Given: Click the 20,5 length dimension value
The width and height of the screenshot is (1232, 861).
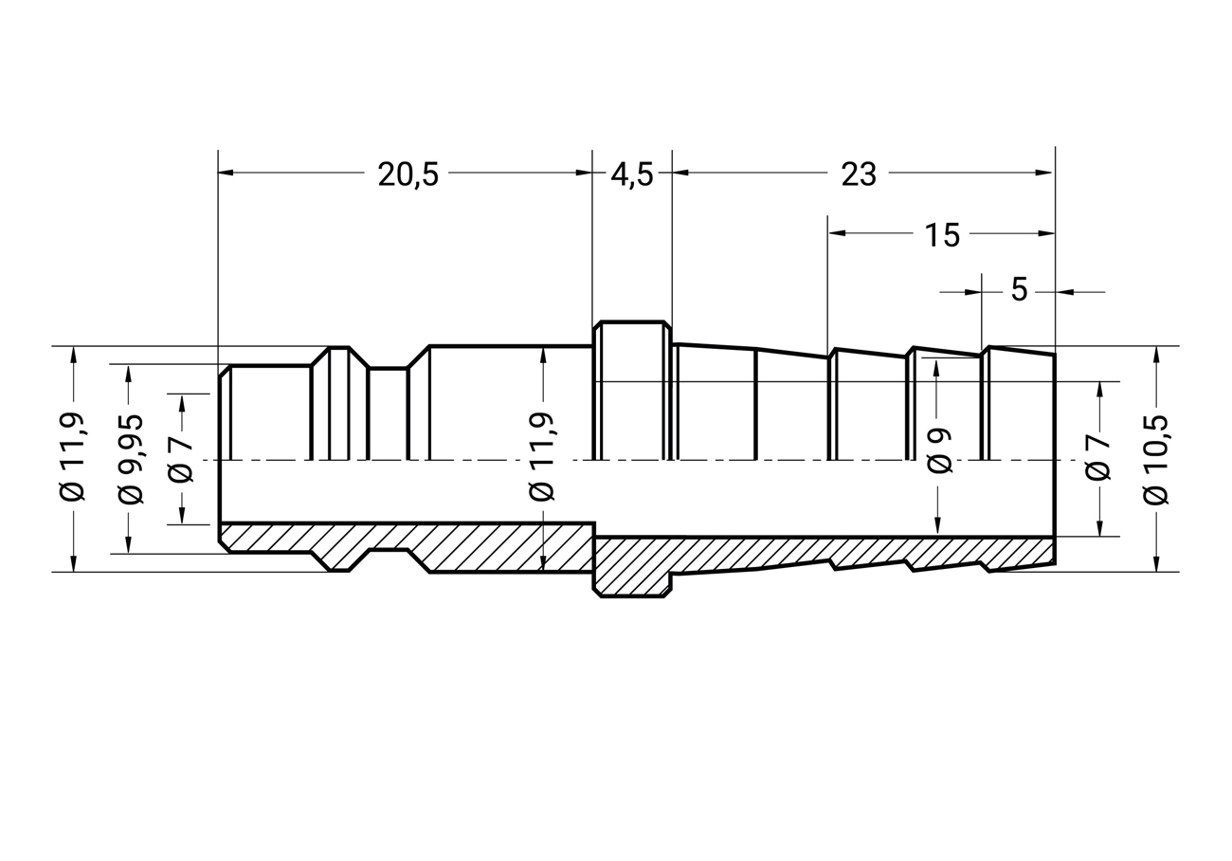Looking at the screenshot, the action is [x=408, y=175].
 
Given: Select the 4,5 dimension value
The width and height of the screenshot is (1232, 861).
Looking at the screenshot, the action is [x=632, y=175].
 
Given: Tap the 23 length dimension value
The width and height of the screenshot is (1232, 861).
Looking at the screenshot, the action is [x=859, y=175].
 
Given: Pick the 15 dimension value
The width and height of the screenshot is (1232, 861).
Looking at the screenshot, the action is [x=942, y=235].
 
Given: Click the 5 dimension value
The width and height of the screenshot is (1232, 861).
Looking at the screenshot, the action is [x=1019, y=289].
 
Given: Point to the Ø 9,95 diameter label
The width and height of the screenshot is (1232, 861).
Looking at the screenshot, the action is [x=131, y=459].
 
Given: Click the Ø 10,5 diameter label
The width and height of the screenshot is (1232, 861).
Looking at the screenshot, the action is [x=1155, y=460].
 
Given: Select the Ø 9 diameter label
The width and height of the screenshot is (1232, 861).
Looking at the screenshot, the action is [x=939, y=450].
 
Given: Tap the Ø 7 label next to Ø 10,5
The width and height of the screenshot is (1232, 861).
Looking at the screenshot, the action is [x=1097, y=458].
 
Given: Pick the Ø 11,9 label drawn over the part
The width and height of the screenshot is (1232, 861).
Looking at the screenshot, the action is [x=542, y=456].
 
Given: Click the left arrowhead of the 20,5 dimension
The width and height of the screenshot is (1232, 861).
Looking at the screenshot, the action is [x=226, y=173].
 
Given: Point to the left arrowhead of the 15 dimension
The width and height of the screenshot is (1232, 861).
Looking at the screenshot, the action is [x=837, y=233].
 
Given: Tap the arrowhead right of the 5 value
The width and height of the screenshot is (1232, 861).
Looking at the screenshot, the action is [x=1064, y=292].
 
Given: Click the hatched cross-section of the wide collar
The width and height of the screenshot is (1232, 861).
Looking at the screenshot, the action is [x=632, y=567].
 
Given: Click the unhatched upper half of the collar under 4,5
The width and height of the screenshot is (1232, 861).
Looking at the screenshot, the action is [x=632, y=391].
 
